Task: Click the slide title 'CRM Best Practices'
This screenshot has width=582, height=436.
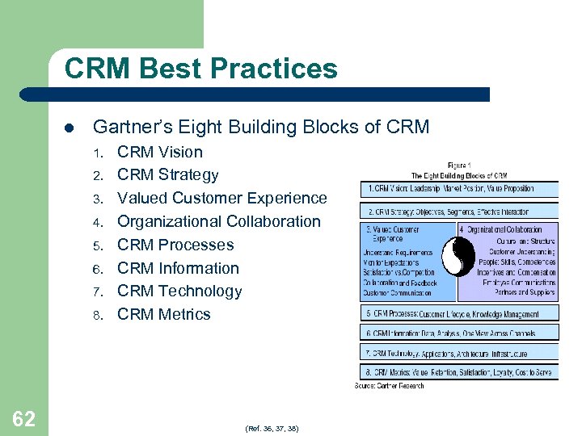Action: click(200, 69)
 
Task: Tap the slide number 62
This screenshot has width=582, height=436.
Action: click(23, 419)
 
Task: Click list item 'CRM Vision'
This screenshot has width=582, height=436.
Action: click(160, 152)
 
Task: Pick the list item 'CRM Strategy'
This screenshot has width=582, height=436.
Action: click(167, 175)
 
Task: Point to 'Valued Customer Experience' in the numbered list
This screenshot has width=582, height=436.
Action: click(222, 198)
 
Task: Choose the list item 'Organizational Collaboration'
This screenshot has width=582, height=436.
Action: click(219, 221)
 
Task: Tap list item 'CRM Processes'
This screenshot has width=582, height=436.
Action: click(175, 245)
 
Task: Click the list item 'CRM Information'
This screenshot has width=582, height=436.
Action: click(178, 268)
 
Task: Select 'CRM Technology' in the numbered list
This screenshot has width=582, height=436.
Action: click(179, 291)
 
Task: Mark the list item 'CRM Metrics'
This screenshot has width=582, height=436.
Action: click(164, 314)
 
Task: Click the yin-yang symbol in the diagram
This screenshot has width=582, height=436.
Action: click(459, 261)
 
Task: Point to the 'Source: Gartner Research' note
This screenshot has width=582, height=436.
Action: click(390, 385)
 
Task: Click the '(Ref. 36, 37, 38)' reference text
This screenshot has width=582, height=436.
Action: click(272, 428)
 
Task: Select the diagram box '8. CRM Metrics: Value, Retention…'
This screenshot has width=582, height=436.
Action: click(459, 372)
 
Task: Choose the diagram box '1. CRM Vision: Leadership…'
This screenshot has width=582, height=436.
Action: click(459, 188)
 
